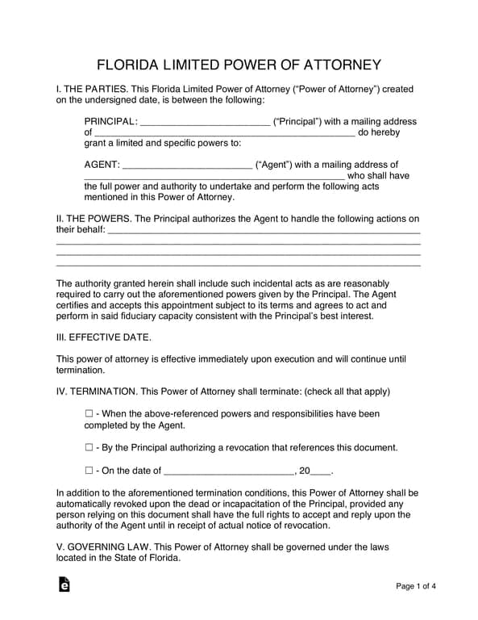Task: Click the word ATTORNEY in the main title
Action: (x=338, y=65)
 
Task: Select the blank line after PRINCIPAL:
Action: (x=205, y=124)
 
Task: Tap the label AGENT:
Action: (x=102, y=165)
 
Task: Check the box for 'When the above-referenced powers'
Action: (x=89, y=414)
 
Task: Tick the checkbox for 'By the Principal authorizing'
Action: (x=89, y=447)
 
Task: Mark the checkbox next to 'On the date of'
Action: (x=89, y=471)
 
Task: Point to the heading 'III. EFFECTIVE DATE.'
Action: (x=103, y=337)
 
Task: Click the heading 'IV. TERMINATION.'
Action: (x=96, y=392)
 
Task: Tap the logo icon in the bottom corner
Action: (x=64, y=584)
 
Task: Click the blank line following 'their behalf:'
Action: (x=264, y=232)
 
